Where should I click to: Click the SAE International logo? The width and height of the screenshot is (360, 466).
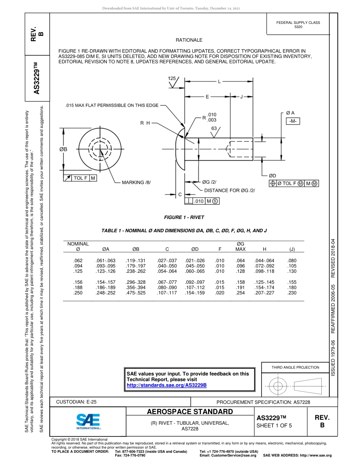pos(88,421)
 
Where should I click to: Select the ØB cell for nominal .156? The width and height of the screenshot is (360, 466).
pos(136,282)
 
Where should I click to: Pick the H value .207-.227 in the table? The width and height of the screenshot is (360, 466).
pos(265,293)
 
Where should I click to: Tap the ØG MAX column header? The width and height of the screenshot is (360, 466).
pos(240,246)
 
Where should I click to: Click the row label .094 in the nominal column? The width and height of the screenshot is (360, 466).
pos(78,266)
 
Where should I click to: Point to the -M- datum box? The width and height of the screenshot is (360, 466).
pos(293,121)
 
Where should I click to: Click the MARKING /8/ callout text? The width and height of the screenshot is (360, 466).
pos(136,182)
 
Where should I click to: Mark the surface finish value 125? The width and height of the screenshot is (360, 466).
pos(172,78)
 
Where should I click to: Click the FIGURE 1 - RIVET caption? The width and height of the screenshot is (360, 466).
pos(184,217)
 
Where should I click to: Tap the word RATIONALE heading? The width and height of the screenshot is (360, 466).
pos(189,40)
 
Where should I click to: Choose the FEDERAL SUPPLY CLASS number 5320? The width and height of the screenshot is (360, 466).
pos(298,27)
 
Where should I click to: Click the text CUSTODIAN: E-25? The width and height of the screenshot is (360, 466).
pos(76,402)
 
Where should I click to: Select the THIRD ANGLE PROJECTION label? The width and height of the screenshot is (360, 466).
pos(295,367)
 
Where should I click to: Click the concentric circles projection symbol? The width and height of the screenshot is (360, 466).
pos(279,386)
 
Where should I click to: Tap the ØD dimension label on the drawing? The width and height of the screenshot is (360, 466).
pos(272,176)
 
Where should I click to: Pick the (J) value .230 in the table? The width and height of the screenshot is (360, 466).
pos(292,293)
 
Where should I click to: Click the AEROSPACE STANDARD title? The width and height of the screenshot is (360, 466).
pos(189,412)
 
